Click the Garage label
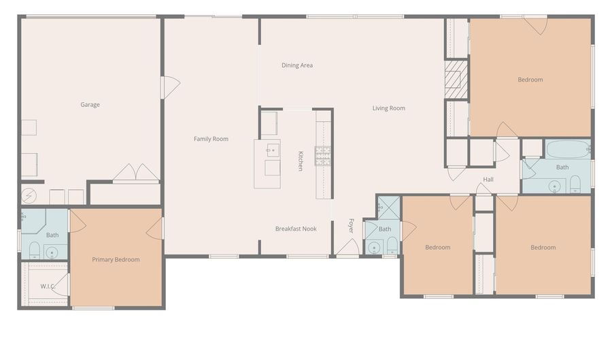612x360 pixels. (90, 105)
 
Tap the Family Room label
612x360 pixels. (211, 139)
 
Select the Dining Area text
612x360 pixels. (297, 65)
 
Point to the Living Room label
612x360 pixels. (388, 108)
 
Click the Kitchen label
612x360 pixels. (301, 161)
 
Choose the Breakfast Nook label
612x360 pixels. (296, 229)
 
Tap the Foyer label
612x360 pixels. (352, 225)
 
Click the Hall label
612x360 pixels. (488, 180)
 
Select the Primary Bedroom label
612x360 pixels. (116, 259)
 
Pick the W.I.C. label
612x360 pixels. (48, 286)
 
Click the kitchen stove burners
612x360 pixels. (322, 156)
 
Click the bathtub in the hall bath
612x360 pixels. (568, 148)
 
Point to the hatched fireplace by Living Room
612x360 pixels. (456, 80)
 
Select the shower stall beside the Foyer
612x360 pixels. (389, 207)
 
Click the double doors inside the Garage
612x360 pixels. (136, 174)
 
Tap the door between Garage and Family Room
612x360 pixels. (170, 87)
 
